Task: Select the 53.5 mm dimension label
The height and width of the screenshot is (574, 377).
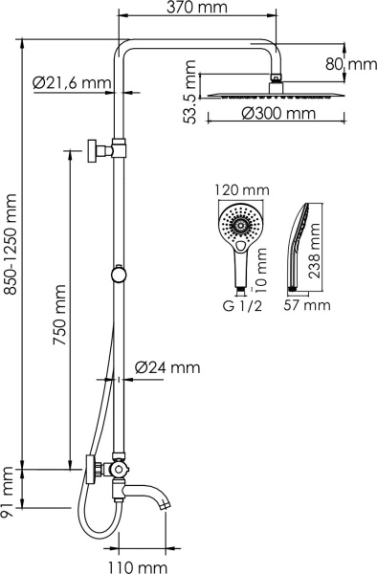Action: click(193, 91)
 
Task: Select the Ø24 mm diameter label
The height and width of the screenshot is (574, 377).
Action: click(167, 366)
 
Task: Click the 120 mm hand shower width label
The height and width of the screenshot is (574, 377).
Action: click(239, 190)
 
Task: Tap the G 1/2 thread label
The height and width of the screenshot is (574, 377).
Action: click(238, 305)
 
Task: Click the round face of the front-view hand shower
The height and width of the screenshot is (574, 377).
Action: click(239, 226)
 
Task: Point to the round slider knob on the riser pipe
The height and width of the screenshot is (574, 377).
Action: click(118, 275)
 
